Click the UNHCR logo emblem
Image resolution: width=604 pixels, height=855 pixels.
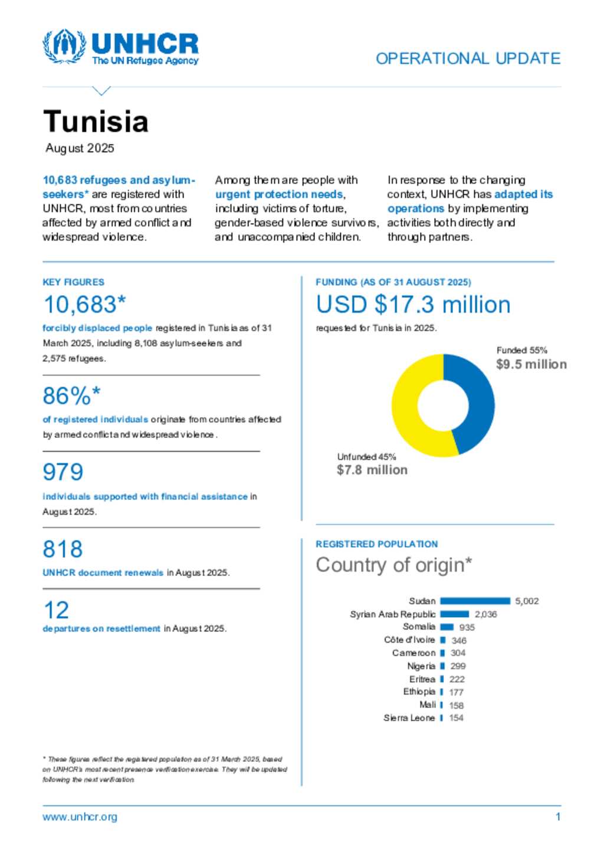(x=64, y=47)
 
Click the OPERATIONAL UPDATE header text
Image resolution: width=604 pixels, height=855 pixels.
(x=468, y=58)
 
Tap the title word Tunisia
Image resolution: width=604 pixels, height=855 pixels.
(x=96, y=122)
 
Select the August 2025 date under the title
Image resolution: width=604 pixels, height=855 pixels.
(x=80, y=148)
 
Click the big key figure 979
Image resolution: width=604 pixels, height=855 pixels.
(x=63, y=472)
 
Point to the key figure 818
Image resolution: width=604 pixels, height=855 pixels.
(x=63, y=549)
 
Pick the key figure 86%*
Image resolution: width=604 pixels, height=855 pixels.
(x=71, y=396)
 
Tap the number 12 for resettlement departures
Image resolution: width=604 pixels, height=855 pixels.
(x=56, y=610)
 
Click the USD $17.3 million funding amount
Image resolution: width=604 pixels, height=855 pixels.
(x=413, y=304)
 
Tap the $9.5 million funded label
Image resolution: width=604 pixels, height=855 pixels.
(x=531, y=364)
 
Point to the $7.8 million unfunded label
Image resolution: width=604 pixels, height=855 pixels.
(x=372, y=470)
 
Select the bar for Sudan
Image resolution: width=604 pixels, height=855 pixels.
(x=475, y=601)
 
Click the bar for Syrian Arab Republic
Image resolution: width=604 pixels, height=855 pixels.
(x=454, y=614)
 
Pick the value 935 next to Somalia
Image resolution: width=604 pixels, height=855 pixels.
(x=467, y=627)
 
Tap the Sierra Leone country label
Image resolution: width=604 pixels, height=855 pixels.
(x=409, y=718)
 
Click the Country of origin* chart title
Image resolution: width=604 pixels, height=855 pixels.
(x=393, y=565)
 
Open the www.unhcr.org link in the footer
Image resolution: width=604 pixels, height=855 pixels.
(x=80, y=817)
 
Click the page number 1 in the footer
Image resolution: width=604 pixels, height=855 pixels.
(x=557, y=817)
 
